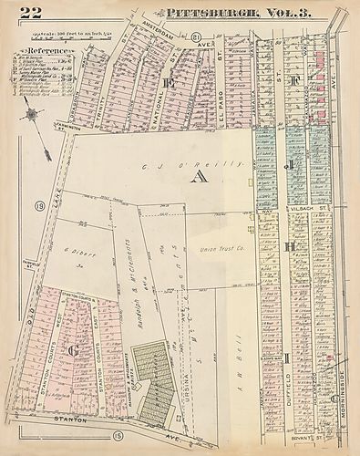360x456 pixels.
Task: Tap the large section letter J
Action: (x=289, y=166)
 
